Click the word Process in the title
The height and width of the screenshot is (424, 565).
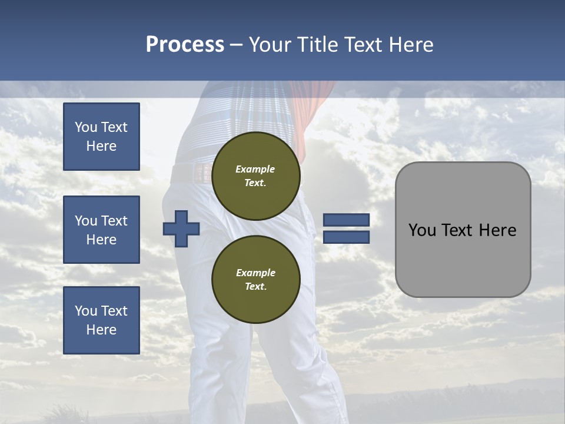click(x=185, y=45)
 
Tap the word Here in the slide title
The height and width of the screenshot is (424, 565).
click(x=410, y=45)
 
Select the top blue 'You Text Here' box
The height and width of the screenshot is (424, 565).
click(x=101, y=137)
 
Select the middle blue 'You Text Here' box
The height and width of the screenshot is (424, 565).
click(x=101, y=230)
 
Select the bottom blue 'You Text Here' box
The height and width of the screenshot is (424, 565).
click(x=101, y=320)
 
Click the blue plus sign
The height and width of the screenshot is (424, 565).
click(x=181, y=229)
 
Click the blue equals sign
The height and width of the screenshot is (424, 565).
click(x=346, y=228)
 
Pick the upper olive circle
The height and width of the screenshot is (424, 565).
click(x=255, y=175)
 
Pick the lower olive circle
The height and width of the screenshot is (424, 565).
click(x=255, y=279)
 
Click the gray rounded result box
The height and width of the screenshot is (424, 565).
click(x=463, y=230)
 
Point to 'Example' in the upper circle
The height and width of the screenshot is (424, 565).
click(x=255, y=169)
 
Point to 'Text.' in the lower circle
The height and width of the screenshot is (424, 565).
click(x=255, y=287)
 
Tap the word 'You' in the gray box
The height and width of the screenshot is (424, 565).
click(x=422, y=230)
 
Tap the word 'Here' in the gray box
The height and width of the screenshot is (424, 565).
click(x=498, y=230)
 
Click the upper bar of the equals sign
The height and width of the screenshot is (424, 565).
click(x=346, y=220)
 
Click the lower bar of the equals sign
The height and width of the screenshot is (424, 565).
click(x=346, y=237)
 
